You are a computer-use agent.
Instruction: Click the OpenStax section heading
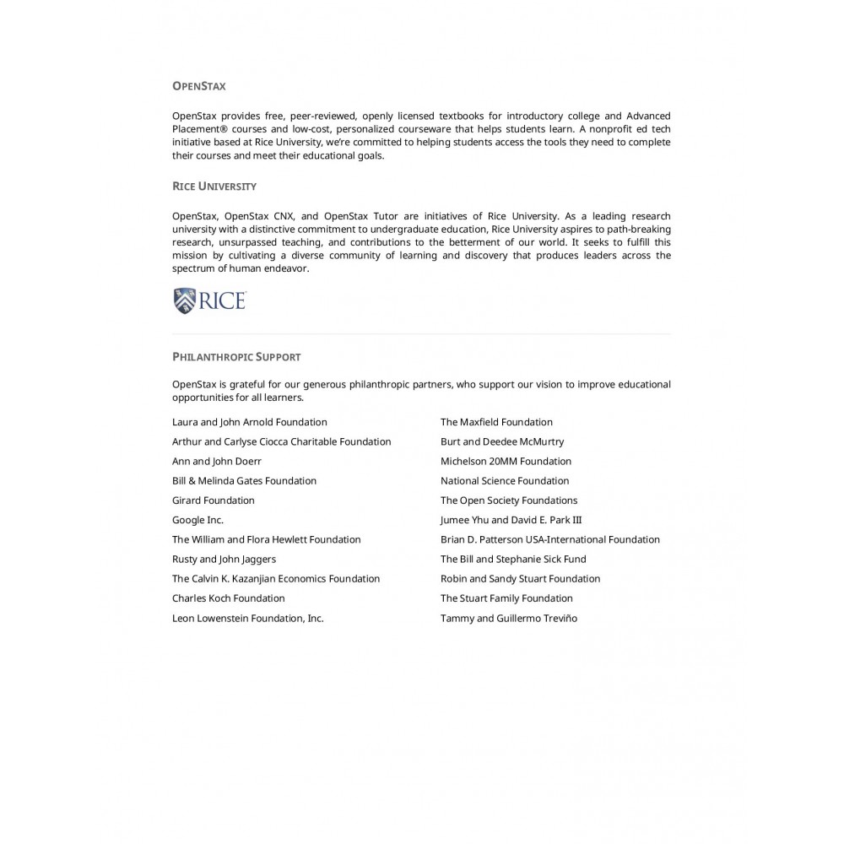pyautogui.click(x=198, y=86)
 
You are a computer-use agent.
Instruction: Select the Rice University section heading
pyautogui.click(x=214, y=187)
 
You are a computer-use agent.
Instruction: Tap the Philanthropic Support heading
pyautogui.click(x=236, y=357)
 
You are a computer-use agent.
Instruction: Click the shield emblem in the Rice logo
pyautogui.click(x=184, y=300)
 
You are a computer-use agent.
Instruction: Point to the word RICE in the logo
pyautogui.click(x=222, y=300)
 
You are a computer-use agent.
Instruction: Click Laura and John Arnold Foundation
pyautogui.click(x=249, y=422)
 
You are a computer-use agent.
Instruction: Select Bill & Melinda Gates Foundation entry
pyautogui.click(x=244, y=481)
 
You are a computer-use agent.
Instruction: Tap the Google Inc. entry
pyautogui.click(x=197, y=520)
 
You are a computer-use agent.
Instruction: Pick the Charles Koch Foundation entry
pyautogui.click(x=228, y=598)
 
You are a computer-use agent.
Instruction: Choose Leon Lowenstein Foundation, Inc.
pyautogui.click(x=247, y=619)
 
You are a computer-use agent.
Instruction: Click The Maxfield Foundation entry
pyautogui.click(x=496, y=422)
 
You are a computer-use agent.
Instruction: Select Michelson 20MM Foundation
pyautogui.click(x=506, y=462)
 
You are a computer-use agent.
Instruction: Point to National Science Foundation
pyautogui.click(x=505, y=481)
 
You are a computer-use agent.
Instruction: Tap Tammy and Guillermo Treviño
pyautogui.click(x=508, y=619)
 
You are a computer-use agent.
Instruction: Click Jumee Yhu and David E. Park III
pyautogui.click(x=511, y=520)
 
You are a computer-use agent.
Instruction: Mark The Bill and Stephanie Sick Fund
pyautogui.click(x=512, y=560)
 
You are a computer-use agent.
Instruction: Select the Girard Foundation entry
pyautogui.click(x=213, y=500)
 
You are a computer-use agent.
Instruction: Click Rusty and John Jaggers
pyautogui.click(x=224, y=560)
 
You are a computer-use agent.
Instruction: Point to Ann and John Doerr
pyautogui.click(x=216, y=462)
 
